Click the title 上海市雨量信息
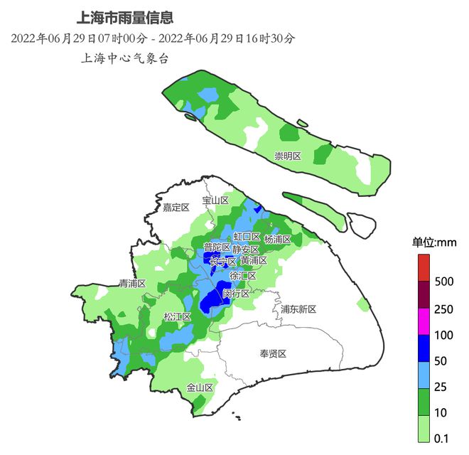pyautogui.click(x=125, y=17)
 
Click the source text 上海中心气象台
pyautogui.click(x=125, y=59)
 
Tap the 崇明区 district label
pyautogui.click(x=288, y=156)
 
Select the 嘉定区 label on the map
pyautogui.click(x=176, y=208)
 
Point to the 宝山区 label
pyautogui.click(x=215, y=200)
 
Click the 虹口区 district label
pyautogui.click(x=247, y=237)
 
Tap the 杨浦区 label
pyautogui.click(x=277, y=240)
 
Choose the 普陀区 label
pyautogui.click(x=217, y=247)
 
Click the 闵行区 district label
pyautogui.click(x=236, y=293)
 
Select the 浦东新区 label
pyautogui.click(x=298, y=309)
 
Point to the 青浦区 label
pyautogui.click(x=132, y=283)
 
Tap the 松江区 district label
pyautogui.click(x=177, y=316)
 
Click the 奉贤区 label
pyautogui.click(x=272, y=353)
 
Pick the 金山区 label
pyautogui.click(x=200, y=387)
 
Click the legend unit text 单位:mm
pyautogui.click(x=434, y=242)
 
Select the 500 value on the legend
pyautogui.click(x=443, y=282)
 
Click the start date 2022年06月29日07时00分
pyautogui.click(x=79, y=38)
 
